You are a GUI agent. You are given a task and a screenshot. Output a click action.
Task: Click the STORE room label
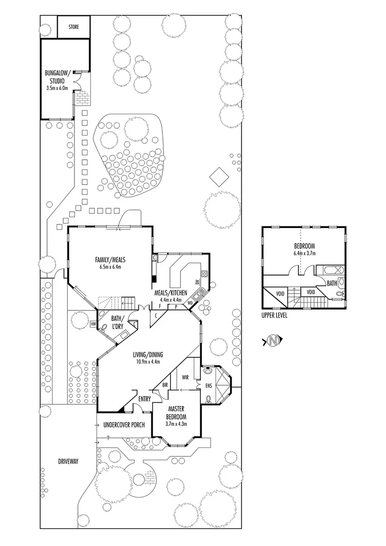point(73,26)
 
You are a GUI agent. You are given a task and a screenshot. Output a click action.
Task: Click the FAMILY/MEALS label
point(110,260)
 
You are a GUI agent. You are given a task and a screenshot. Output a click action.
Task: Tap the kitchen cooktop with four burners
point(204,275)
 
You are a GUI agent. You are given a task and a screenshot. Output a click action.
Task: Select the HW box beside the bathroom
point(94,324)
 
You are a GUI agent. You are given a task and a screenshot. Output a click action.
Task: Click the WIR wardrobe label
point(179,377)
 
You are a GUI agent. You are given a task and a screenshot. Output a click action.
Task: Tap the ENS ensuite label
point(208,386)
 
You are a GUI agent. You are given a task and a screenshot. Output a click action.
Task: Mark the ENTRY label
point(145,399)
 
